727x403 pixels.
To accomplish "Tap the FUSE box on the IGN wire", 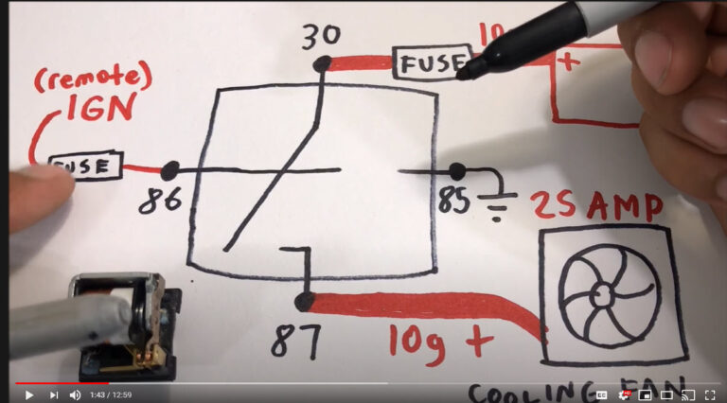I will tap(86, 166).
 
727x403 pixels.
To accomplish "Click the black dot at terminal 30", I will tap(323, 64).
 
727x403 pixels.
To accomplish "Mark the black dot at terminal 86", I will tap(170, 171).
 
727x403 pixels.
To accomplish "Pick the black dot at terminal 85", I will tap(457, 171).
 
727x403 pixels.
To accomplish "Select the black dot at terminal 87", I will tap(304, 302).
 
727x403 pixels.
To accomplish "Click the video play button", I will tap(28, 394).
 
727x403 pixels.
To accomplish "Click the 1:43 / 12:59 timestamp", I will tap(111, 394).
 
